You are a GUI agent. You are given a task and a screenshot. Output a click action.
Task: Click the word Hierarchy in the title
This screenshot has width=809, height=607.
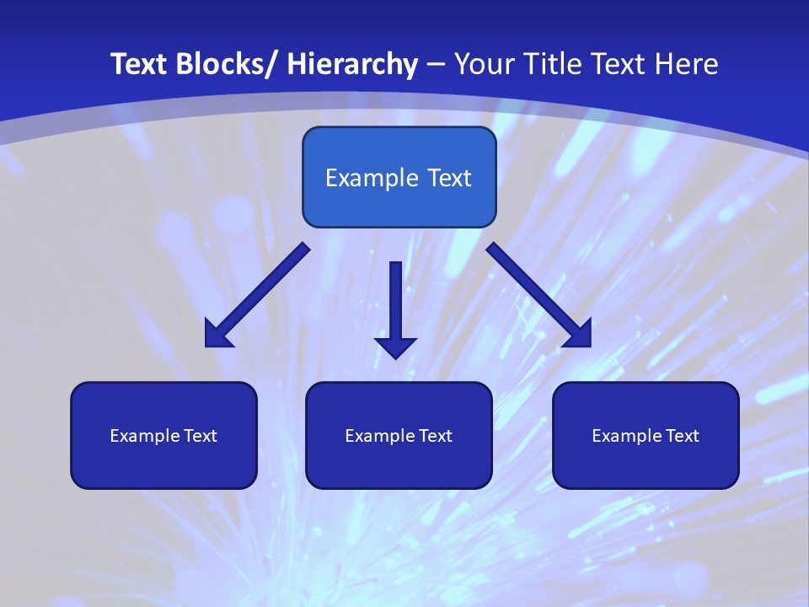[x=352, y=64]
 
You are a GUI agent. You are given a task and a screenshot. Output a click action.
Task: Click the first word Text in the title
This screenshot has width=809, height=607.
[x=138, y=64]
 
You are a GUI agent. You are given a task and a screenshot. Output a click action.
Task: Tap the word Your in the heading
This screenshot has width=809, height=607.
[x=483, y=64]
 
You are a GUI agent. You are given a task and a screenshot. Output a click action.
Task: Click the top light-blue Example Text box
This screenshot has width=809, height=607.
[x=399, y=177]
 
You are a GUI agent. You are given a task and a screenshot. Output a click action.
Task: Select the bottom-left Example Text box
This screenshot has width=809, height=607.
[x=163, y=435]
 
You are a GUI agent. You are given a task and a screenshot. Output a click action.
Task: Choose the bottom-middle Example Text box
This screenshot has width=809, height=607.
[x=399, y=435]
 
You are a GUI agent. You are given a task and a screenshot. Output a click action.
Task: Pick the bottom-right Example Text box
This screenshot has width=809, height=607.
[x=646, y=435]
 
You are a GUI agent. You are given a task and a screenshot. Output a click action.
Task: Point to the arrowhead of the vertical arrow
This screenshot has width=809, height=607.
[x=395, y=346]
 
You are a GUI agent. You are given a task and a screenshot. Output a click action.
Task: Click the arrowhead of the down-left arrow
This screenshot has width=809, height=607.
[x=217, y=335]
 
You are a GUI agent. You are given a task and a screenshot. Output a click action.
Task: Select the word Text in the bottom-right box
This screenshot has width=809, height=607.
[x=682, y=435]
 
